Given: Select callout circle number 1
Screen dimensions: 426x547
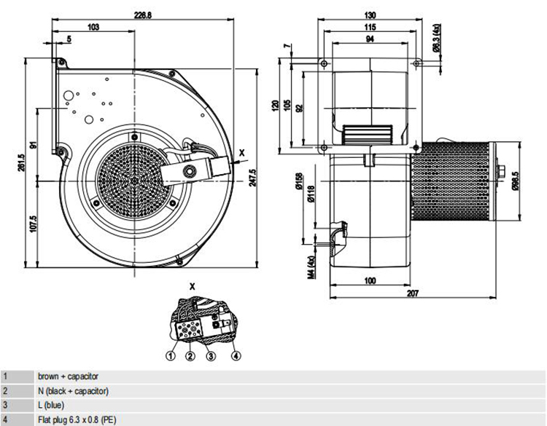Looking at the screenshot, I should coord(170,356).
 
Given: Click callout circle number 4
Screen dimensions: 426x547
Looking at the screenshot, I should coord(236,356).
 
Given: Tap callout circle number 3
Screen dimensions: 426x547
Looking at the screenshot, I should coord(210,356).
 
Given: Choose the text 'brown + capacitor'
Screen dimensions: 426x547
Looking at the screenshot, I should coord(68,376).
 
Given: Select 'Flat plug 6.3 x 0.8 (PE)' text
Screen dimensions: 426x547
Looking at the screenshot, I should coord(77,419).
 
